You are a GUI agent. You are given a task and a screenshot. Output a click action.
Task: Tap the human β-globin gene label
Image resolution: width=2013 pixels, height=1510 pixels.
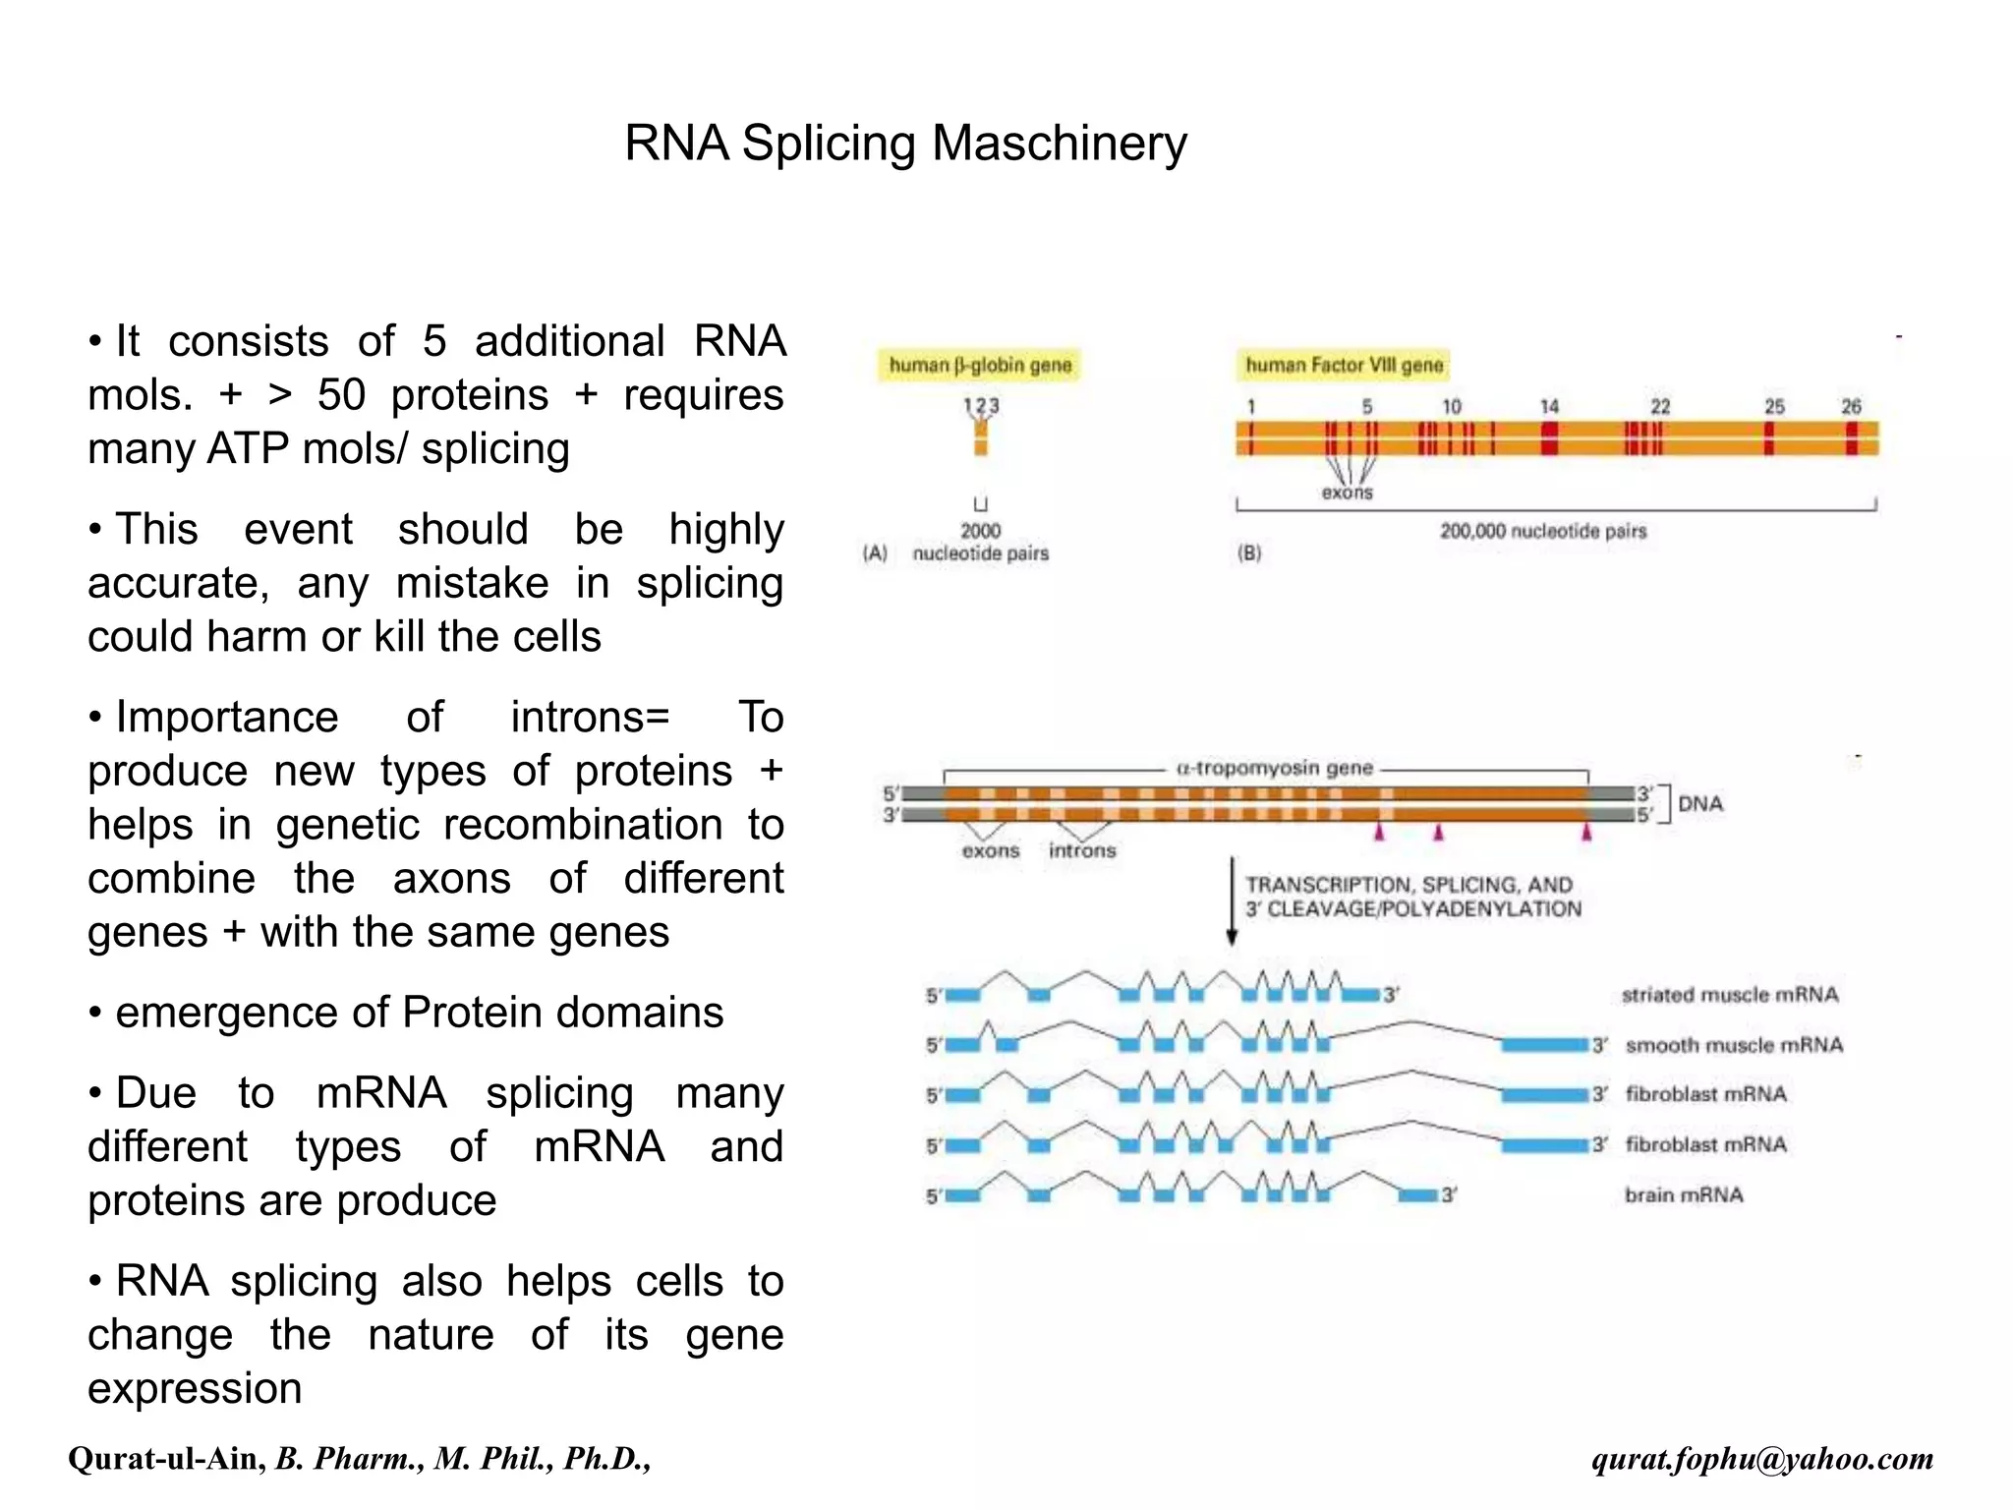click(979, 366)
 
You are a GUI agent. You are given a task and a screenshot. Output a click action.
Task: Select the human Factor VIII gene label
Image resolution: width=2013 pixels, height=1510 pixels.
click(1344, 366)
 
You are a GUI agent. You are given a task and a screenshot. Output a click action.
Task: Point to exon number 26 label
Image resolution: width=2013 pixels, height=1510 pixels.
click(1851, 406)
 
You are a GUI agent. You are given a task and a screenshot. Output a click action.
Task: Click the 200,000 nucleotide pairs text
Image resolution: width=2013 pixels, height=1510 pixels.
click(1542, 531)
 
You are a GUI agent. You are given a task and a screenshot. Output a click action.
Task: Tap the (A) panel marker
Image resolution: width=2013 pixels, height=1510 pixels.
click(874, 553)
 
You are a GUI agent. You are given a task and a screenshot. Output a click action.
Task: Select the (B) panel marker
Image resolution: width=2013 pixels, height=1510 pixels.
click(1248, 553)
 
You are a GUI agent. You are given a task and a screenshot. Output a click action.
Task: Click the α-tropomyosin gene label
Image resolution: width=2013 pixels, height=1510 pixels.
click(1274, 768)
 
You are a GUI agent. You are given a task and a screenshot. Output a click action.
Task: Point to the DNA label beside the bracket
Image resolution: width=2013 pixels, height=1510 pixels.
click(1700, 803)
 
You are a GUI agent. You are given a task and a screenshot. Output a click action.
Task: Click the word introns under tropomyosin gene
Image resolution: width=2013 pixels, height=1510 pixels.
click(1082, 850)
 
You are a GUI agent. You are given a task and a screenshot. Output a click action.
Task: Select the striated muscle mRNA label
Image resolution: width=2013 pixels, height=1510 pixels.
click(1729, 995)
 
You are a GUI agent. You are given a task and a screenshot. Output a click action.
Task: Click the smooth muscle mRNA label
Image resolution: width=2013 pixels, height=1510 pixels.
click(1734, 1045)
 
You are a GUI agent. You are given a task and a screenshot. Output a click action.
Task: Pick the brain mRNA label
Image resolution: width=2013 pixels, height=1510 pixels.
click(1684, 1195)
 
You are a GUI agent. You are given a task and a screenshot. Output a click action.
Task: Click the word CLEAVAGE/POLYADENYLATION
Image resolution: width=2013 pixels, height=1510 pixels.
click(1424, 909)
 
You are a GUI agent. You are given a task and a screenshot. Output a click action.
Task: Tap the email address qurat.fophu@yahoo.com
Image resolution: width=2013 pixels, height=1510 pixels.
click(1762, 1459)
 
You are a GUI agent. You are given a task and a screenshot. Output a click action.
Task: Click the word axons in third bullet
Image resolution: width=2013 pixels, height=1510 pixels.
click(451, 878)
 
